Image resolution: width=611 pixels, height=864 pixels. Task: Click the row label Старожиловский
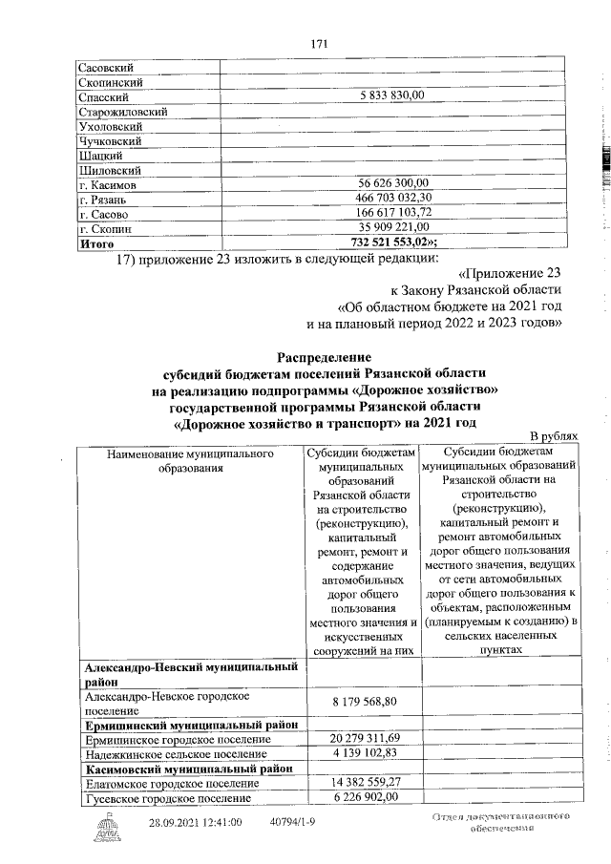click(123, 112)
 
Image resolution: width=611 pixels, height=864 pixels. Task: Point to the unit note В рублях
click(555, 435)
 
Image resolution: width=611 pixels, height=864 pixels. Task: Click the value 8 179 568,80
click(364, 702)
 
